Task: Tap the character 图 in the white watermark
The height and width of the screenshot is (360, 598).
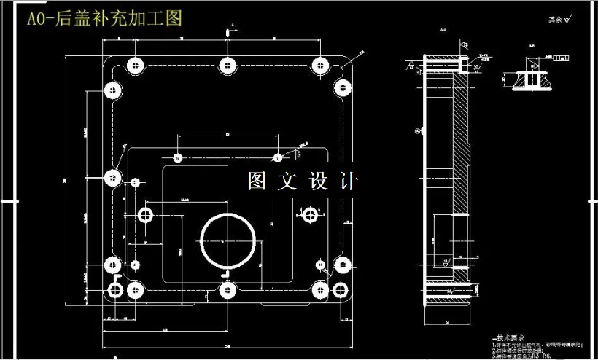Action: pos(256,181)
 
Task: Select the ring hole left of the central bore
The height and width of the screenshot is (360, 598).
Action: pos(145,214)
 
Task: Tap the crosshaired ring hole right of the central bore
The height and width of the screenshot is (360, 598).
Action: pos(311,214)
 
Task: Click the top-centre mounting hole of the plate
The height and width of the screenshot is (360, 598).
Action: pos(228,65)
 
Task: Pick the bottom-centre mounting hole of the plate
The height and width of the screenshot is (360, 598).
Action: pos(228,291)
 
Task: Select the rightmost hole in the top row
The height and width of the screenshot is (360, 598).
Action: pos(321,65)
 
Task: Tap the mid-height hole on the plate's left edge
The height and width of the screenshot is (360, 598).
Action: pos(112,177)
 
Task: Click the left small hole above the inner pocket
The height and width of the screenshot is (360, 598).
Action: pos(177,157)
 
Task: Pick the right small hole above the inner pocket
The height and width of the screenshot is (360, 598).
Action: pos(277,157)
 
